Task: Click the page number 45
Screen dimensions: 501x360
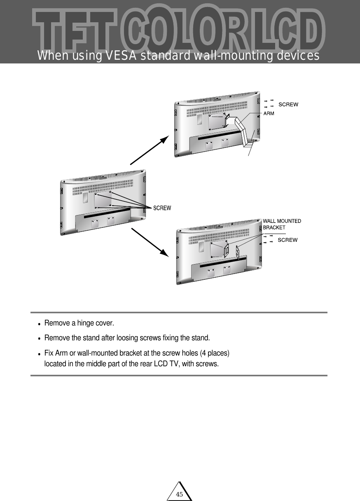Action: point(179,494)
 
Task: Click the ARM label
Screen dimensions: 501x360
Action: point(269,113)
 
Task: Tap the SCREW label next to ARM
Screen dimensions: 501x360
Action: point(288,105)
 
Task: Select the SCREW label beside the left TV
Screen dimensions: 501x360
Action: point(162,208)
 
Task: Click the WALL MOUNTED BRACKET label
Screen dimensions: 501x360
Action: point(282,224)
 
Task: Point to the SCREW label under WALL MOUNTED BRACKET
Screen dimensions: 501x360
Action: point(288,240)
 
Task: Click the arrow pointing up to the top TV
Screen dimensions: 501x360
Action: point(149,150)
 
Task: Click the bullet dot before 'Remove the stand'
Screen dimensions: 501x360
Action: point(39,339)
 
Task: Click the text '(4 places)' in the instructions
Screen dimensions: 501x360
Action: point(216,354)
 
